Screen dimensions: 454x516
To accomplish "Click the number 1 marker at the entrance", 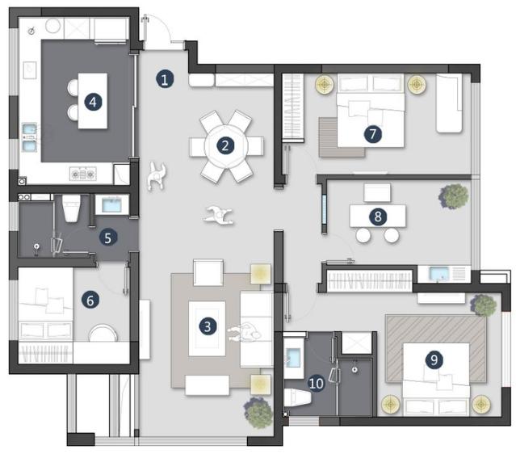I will point(165,79).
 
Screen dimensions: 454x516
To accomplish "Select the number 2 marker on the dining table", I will point(225,146).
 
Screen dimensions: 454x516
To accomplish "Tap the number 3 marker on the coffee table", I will point(208,326).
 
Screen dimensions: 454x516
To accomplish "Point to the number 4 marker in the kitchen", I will point(94,102).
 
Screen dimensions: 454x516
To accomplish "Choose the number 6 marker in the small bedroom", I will point(90,300).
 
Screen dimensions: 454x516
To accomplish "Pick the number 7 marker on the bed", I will point(371,135).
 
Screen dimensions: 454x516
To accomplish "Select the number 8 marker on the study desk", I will point(377,216).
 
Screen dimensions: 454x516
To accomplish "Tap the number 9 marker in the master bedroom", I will point(435,360).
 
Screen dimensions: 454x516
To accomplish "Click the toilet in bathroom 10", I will point(298,399).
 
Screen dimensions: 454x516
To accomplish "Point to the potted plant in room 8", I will point(454,195).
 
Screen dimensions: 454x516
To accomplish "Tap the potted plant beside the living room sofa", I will point(259,412).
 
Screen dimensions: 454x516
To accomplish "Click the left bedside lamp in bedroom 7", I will point(325,84).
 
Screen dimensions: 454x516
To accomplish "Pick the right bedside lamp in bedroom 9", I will point(481,402).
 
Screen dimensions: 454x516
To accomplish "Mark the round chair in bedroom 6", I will point(103,334).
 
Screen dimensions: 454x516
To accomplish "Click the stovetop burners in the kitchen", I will point(82,173).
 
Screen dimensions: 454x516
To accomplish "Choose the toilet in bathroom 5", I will point(71,208).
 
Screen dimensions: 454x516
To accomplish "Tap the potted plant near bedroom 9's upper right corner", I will point(484,305).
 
